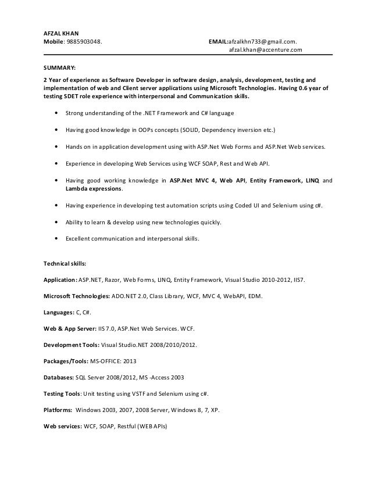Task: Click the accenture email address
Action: [265, 51]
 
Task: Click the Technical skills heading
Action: [65, 263]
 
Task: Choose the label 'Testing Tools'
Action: [62, 393]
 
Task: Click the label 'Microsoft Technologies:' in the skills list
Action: [77, 296]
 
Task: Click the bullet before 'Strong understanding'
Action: [55, 113]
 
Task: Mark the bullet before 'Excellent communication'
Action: [55, 238]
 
